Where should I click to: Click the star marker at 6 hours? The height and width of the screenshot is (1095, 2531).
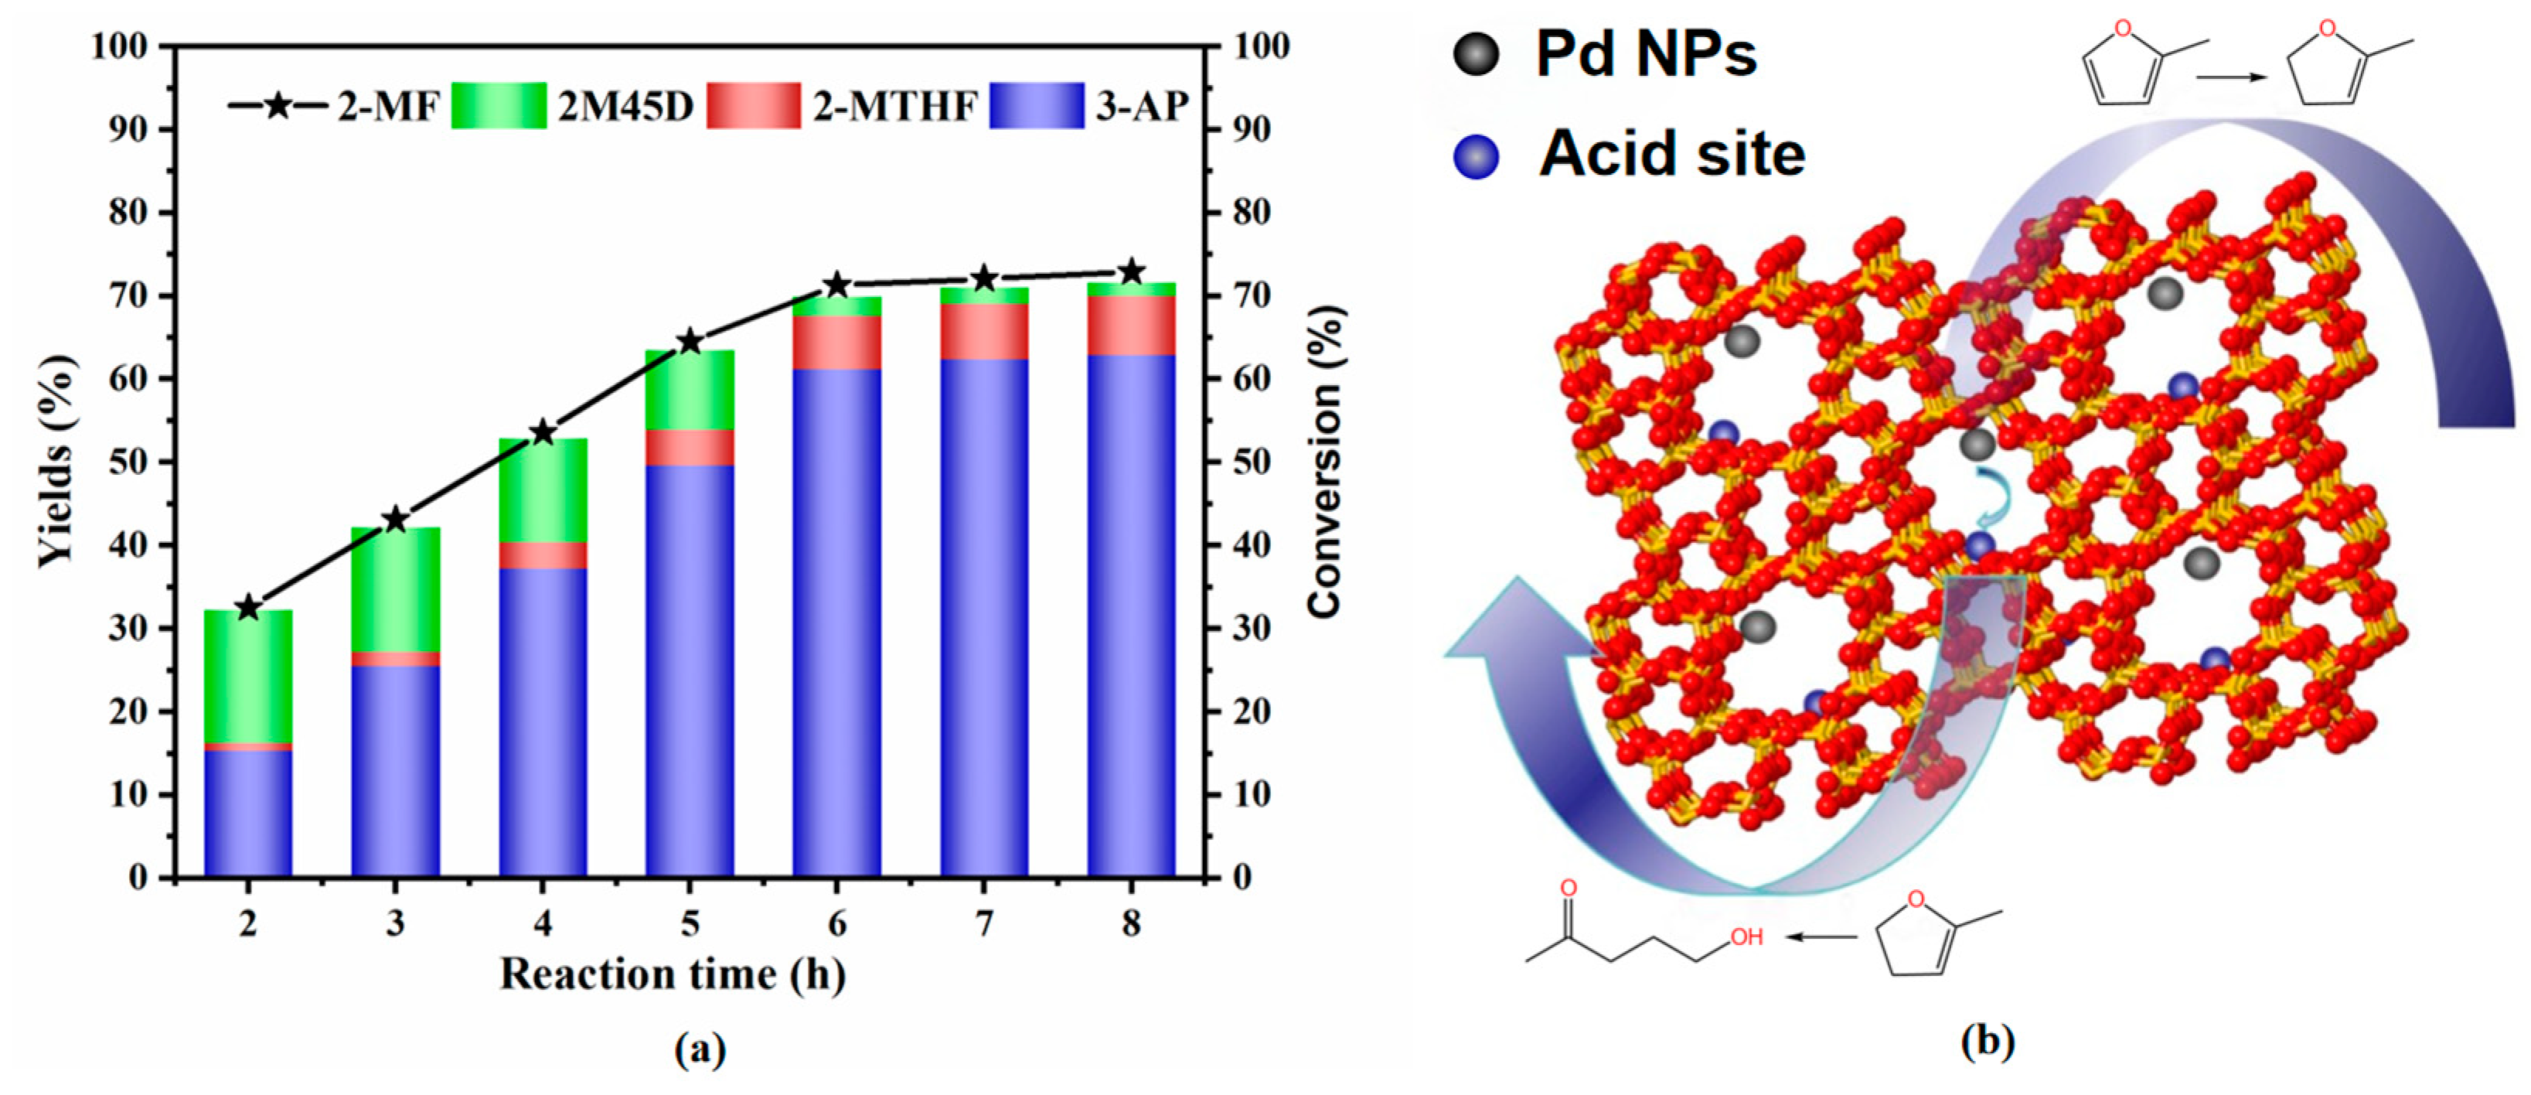[x=836, y=286]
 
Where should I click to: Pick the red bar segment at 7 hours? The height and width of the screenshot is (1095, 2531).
[x=983, y=331]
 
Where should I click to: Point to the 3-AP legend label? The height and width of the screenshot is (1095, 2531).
[x=1142, y=106]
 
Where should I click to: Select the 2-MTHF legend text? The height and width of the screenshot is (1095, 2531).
[x=894, y=106]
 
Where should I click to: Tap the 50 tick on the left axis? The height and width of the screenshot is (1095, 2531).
[x=127, y=462]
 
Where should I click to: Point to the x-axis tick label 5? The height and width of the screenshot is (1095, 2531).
[x=690, y=923]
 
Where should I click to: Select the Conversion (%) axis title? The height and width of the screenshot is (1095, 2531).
[x=1324, y=462]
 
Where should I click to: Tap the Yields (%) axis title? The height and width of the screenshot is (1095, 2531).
[x=56, y=462]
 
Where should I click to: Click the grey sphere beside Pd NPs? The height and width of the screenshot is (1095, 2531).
[x=1476, y=53]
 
